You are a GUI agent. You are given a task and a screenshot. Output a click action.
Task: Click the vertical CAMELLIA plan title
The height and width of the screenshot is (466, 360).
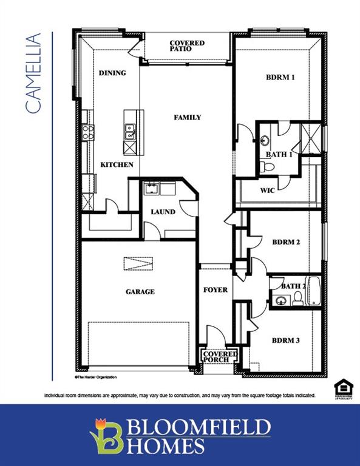click(33, 73)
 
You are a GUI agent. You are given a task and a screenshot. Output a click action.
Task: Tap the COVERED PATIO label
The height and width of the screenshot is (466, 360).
click(187, 46)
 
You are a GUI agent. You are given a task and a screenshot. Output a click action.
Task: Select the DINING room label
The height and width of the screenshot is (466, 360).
click(112, 73)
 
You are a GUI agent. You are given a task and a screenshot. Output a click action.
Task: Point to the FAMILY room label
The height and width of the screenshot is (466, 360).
click(187, 117)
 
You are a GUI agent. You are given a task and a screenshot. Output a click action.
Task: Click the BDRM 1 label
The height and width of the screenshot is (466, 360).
click(280, 78)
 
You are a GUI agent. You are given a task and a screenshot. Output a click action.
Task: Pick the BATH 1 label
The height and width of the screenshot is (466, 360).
click(280, 155)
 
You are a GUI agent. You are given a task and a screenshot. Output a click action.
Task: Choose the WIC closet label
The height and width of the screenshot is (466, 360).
click(268, 191)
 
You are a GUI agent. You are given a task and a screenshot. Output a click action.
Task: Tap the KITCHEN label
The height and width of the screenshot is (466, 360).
click(117, 165)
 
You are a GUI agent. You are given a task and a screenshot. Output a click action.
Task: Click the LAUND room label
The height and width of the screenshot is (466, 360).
click(163, 212)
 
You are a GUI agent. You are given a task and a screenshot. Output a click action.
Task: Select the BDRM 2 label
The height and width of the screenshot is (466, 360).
click(287, 242)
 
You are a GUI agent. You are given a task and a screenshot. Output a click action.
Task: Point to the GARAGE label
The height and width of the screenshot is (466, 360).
click(140, 292)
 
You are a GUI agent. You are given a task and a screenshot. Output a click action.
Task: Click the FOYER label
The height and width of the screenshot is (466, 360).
click(215, 290)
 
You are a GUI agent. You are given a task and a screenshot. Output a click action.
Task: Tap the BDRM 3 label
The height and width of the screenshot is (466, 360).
click(285, 340)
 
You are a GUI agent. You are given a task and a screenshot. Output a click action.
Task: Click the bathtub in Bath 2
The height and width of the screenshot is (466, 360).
click(313, 291)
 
